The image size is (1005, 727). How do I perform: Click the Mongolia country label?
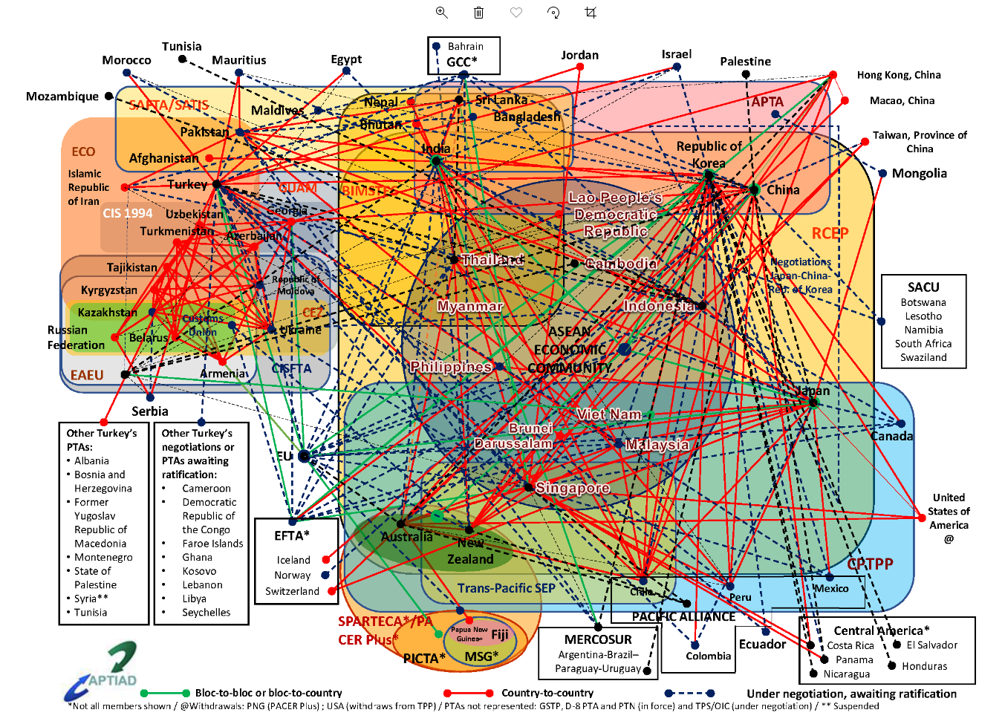(919, 173)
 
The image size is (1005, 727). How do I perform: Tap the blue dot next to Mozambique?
(108, 96)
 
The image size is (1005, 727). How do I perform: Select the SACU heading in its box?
(923, 287)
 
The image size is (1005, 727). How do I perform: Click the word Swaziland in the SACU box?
(923, 357)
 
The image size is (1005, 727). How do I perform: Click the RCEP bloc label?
(830, 233)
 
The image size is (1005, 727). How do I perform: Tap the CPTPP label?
(870, 564)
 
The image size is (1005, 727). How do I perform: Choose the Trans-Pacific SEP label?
(506, 588)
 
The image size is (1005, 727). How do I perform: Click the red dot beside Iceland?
(325, 560)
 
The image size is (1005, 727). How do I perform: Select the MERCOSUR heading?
(598, 639)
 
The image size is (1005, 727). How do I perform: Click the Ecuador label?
(762, 644)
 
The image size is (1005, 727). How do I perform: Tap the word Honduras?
(924, 666)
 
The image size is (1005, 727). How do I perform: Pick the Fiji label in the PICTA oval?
(500, 634)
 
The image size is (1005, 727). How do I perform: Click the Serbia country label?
(150, 411)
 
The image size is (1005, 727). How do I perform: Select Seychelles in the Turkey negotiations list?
(206, 613)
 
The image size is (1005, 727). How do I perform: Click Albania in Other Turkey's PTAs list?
(91, 460)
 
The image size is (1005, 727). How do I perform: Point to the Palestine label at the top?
(745, 62)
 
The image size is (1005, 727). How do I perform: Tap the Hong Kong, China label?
(899, 75)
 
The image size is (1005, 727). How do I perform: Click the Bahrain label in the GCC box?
(466, 46)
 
